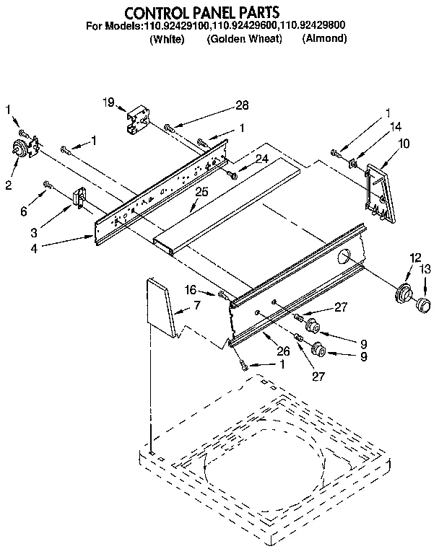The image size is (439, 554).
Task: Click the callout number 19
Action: [x=109, y=102]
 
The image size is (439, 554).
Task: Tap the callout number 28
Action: [x=242, y=105]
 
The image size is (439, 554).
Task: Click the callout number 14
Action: [x=396, y=127]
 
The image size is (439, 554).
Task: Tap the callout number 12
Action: [x=414, y=258]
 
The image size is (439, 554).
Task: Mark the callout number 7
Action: [x=196, y=305]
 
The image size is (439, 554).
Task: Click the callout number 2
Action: [x=8, y=185]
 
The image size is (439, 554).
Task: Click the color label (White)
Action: [x=168, y=39]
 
